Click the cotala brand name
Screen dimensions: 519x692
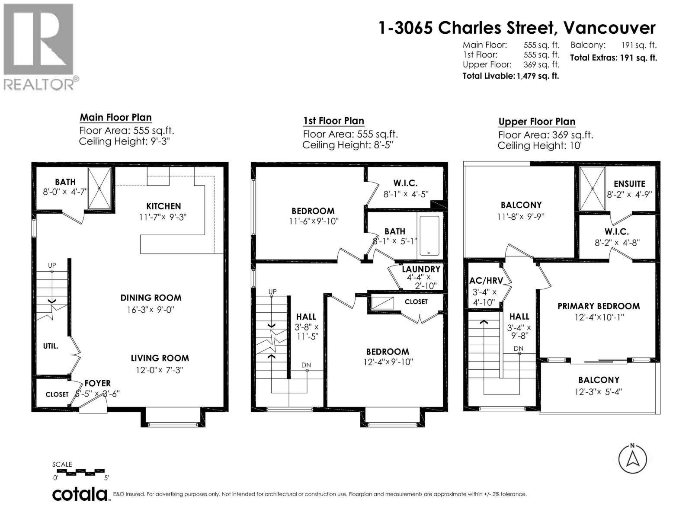pos(80,494)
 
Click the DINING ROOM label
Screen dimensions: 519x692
pos(151,298)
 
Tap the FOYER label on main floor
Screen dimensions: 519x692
pos(97,383)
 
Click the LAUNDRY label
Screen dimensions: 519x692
pos(421,269)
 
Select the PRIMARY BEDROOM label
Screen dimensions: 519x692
pos(599,306)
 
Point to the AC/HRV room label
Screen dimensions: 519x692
pos(486,281)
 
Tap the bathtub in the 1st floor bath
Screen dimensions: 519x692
pos(429,235)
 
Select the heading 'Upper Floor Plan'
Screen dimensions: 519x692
pos(537,122)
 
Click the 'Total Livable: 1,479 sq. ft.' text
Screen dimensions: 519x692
pos(511,76)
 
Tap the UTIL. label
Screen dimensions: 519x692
pos(51,346)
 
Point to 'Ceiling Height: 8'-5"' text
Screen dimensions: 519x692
pos(348,145)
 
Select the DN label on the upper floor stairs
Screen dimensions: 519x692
pos(518,349)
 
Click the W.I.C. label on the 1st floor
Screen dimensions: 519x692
pos(405,183)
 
